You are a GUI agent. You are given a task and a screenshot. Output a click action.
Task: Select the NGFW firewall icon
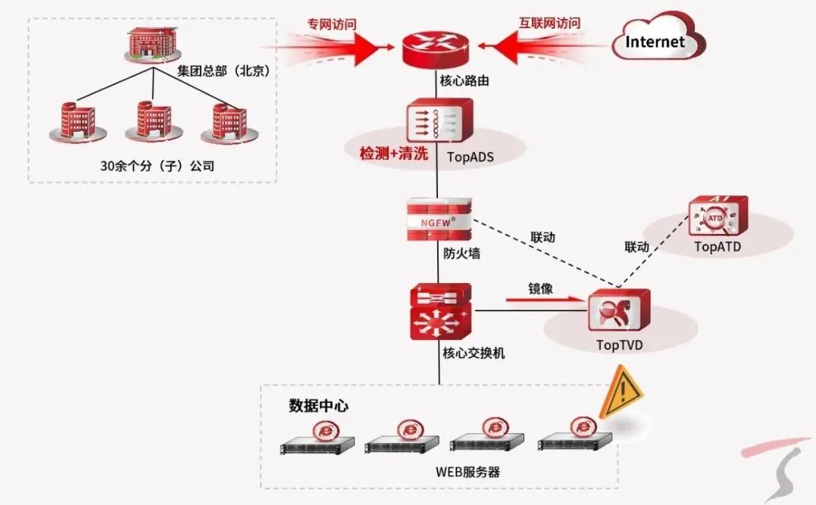(438, 220)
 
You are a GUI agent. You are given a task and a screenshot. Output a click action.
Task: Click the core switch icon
(439, 312)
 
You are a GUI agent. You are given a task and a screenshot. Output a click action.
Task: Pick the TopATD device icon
(716, 218)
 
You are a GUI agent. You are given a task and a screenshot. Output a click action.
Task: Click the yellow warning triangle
(621, 392)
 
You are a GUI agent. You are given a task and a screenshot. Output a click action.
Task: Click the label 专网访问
(331, 23)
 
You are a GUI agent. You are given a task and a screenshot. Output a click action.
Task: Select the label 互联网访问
(549, 23)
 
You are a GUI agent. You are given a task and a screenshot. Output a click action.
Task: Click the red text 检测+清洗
(394, 154)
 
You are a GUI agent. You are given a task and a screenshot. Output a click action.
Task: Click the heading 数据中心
(319, 406)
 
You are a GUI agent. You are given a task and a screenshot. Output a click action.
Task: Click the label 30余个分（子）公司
(157, 166)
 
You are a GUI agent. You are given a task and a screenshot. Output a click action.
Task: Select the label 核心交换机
(474, 353)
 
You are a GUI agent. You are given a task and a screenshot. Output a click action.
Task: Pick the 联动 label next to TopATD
(636, 247)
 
